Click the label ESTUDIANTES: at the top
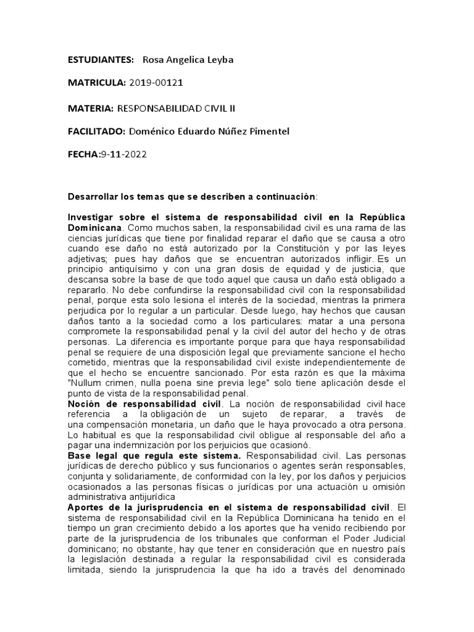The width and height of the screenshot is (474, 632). [101, 59]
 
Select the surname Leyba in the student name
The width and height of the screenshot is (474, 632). [218, 59]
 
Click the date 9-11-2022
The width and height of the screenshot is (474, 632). [123, 154]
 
